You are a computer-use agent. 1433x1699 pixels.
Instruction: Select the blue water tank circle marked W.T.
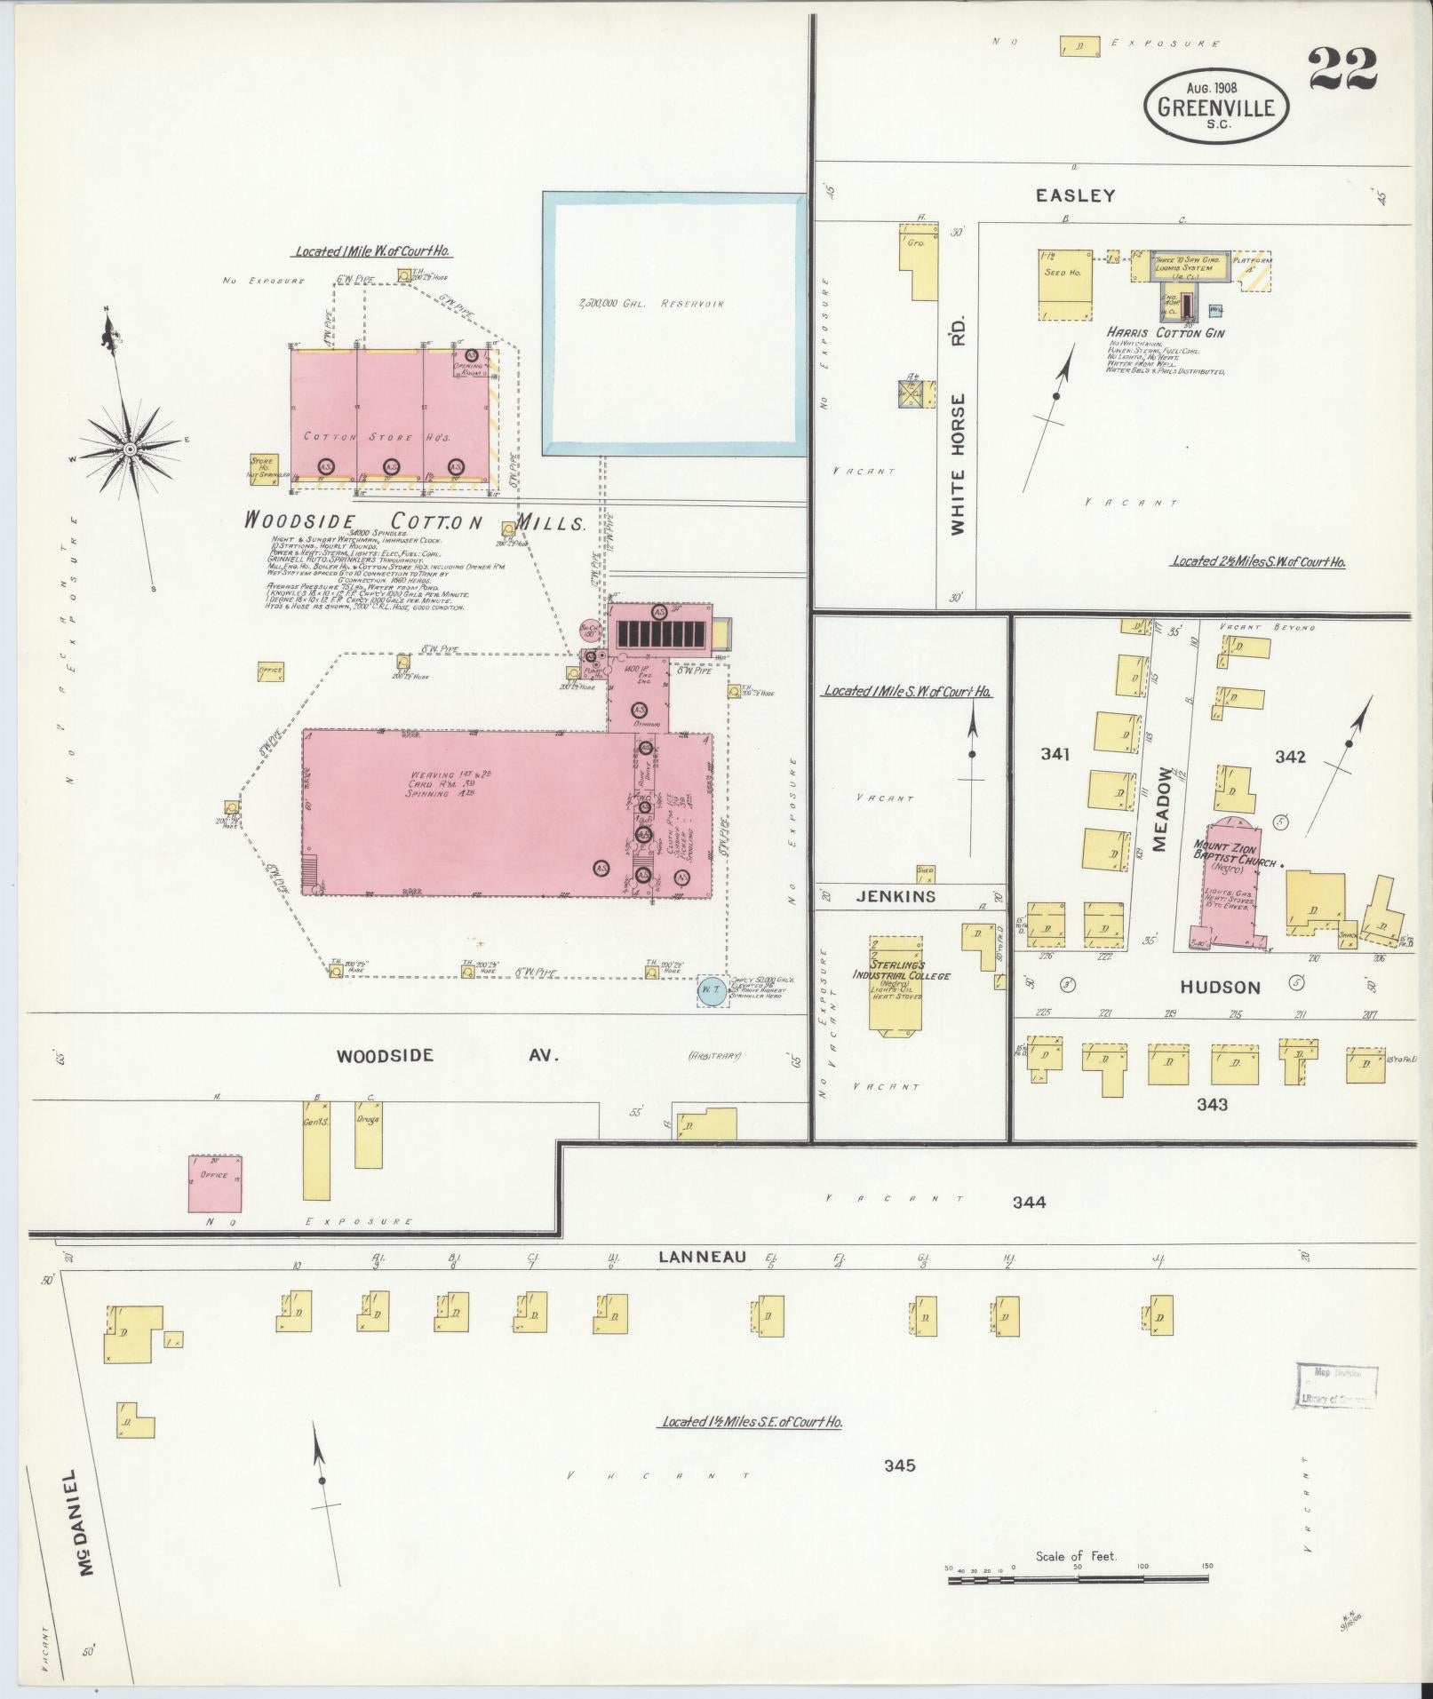click(710, 990)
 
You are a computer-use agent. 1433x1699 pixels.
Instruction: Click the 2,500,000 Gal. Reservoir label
click(650, 304)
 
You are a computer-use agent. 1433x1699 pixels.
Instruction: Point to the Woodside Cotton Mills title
click(415, 522)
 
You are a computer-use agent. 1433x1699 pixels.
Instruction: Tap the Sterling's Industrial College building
click(896, 983)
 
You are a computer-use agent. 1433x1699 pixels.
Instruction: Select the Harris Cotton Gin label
click(1166, 333)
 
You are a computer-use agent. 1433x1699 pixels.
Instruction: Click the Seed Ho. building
click(1064, 283)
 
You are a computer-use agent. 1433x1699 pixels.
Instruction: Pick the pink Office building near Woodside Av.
click(215, 1183)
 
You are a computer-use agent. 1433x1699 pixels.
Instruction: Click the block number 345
click(899, 1465)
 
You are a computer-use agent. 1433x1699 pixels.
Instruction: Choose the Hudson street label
click(1220, 987)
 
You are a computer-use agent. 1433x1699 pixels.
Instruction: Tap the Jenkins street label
click(896, 896)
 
